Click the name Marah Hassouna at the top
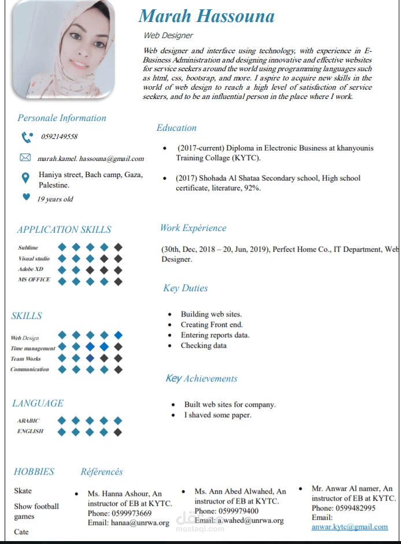206,16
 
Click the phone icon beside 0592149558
26,137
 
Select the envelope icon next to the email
25,157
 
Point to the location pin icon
25,178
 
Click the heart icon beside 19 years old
25,197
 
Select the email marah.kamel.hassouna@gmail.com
91,158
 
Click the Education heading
176,128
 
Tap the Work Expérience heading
193,228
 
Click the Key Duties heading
185,288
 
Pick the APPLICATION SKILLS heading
64,230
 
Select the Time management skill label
33,348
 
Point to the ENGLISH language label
30,431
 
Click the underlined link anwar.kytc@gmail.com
350,527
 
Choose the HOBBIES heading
34,472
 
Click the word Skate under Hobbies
23,491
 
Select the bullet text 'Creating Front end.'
211,325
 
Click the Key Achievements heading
201,378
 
